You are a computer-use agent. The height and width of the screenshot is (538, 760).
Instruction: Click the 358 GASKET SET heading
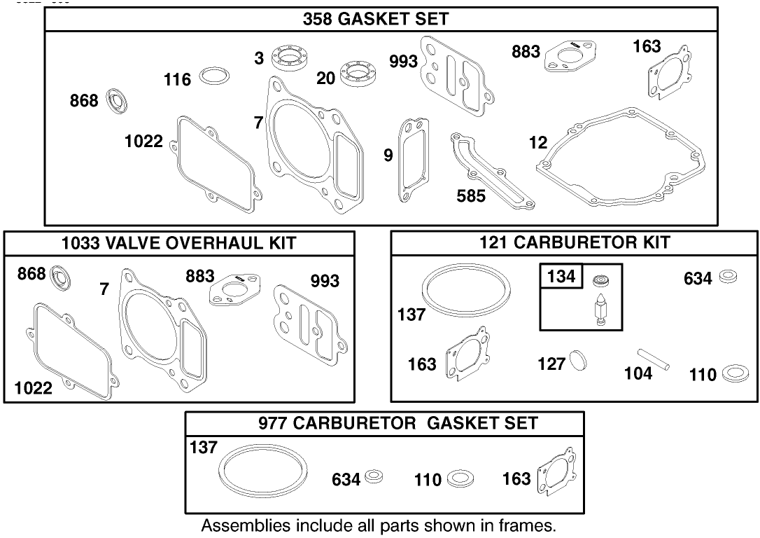(376, 19)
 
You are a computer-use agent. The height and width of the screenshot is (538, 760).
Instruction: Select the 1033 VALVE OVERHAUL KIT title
(179, 243)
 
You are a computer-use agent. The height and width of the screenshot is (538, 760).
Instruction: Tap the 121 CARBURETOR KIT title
(575, 242)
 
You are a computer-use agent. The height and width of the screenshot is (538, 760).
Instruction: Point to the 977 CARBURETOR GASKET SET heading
(398, 423)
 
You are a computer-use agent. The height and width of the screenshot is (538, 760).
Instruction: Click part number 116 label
(177, 80)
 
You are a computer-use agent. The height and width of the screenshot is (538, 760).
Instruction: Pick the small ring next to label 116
(215, 76)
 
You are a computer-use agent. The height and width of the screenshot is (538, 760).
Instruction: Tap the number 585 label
(471, 196)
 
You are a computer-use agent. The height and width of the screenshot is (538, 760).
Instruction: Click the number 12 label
(538, 143)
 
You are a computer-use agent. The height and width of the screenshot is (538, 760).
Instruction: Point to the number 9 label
(388, 156)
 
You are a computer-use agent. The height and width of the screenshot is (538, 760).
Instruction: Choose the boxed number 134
(561, 277)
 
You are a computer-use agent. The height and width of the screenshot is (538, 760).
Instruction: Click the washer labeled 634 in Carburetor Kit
(729, 277)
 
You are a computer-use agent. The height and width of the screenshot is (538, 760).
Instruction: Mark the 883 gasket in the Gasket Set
(570, 55)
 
